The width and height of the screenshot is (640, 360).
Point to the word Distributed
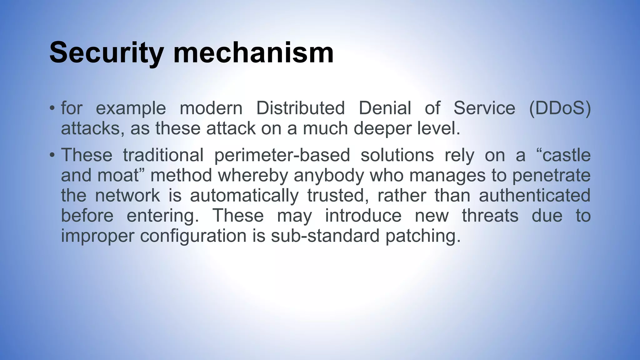tap(300, 108)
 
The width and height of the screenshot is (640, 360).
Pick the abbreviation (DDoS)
tap(559, 108)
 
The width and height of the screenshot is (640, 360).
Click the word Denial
tap(385, 108)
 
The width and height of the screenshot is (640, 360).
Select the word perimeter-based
tap(282, 155)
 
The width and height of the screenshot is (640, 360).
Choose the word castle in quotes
tap(566, 155)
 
